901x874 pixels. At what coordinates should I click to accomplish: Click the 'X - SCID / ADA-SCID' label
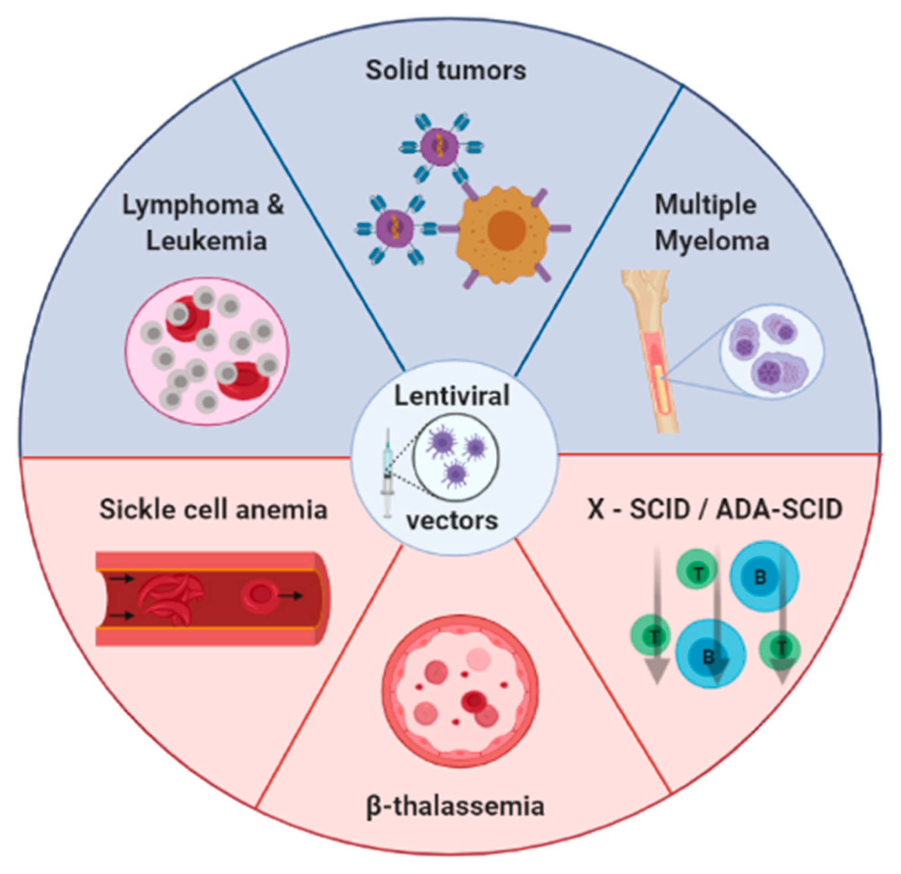tap(715, 510)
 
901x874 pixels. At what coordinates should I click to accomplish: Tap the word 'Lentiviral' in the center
tap(452, 396)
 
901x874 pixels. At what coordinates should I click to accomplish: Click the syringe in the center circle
tap(387, 473)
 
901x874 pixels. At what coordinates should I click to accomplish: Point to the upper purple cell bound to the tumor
tap(438, 147)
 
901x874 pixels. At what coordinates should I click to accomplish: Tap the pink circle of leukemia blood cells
tap(207, 351)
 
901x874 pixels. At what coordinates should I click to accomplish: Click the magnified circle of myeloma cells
tap(772, 352)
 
